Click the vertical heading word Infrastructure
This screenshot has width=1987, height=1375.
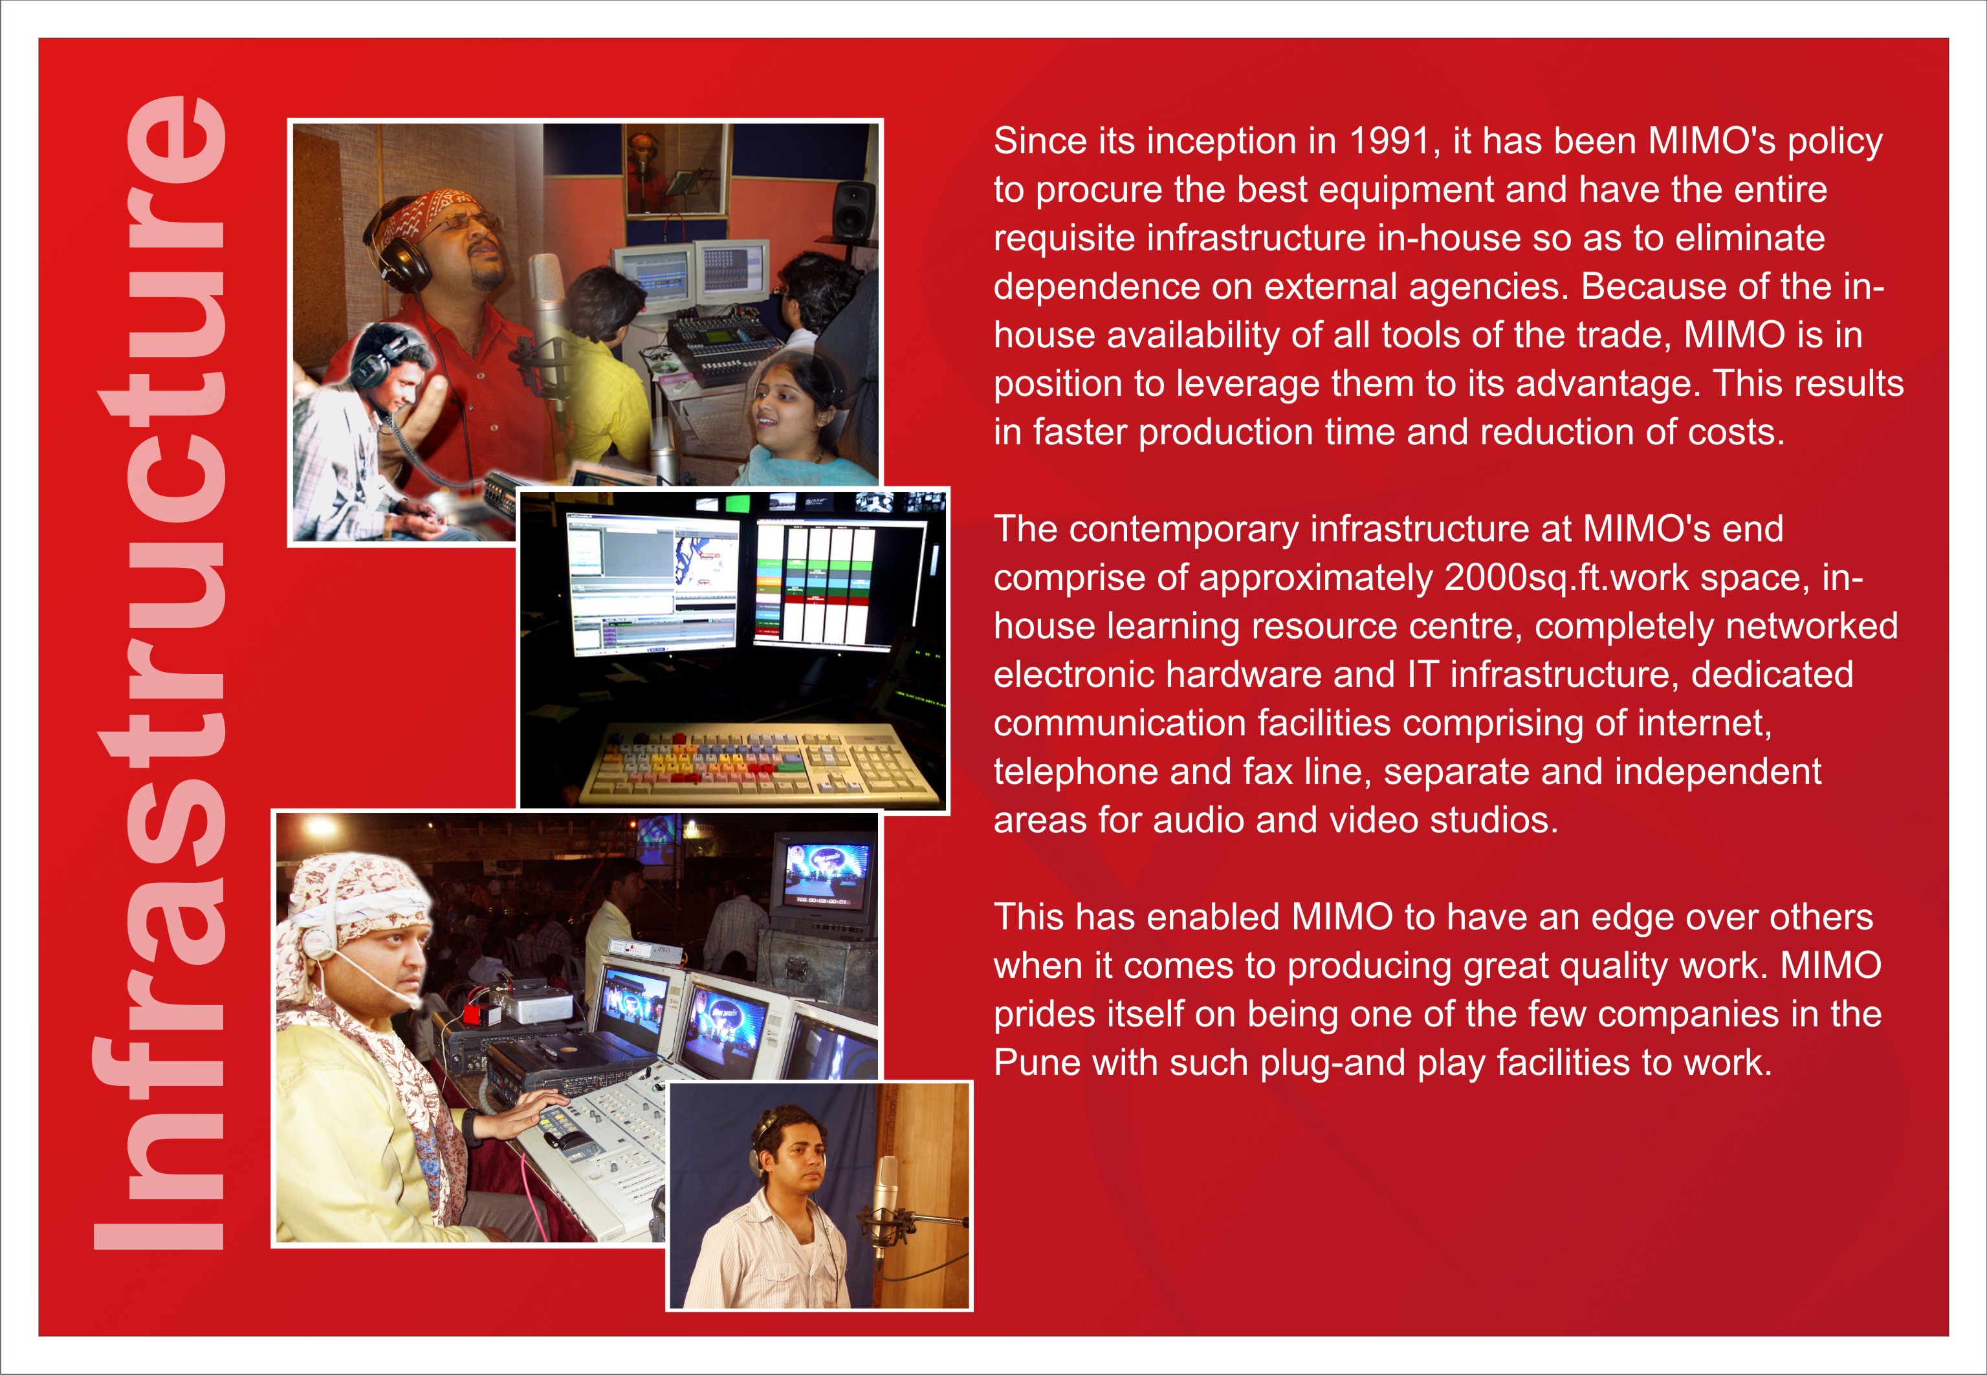pyautogui.click(x=159, y=673)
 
